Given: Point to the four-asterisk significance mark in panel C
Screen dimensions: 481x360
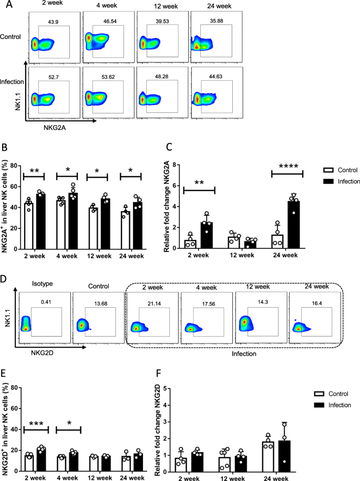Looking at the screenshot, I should point(287,166).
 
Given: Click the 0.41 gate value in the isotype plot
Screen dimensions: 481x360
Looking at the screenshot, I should point(46,301).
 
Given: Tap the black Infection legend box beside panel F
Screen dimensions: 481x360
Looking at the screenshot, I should point(317,405).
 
